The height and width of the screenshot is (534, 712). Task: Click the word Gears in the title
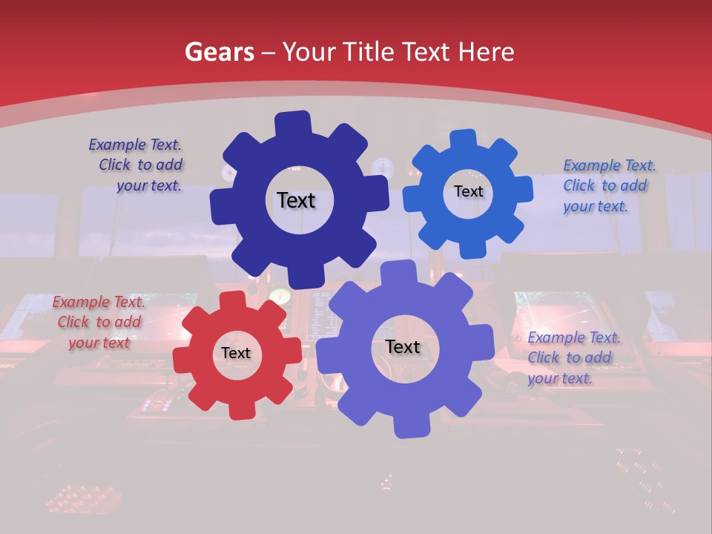[217, 53]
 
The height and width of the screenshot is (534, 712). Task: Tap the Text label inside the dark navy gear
[296, 200]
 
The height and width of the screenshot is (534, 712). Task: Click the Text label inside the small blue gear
[468, 191]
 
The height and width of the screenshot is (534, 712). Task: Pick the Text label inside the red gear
[236, 353]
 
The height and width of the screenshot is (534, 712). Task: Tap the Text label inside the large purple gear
[403, 346]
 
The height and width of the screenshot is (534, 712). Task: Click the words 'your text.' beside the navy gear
[148, 186]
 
